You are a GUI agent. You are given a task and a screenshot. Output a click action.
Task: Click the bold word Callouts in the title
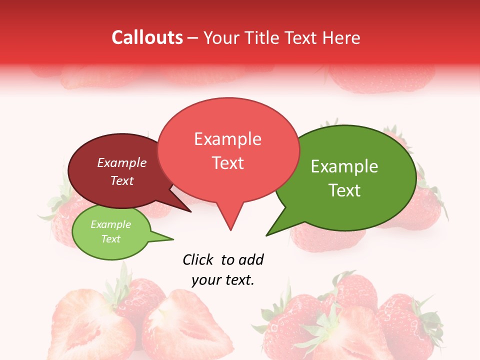pyautogui.click(x=147, y=38)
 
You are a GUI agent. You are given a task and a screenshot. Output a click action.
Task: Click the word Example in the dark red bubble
pyautogui.click(x=122, y=162)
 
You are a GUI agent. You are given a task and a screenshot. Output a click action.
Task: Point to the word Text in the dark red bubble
pyautogui.click(x=122, y=180)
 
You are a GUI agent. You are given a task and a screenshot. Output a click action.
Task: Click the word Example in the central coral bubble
pyautogui.click(x=227, y=139)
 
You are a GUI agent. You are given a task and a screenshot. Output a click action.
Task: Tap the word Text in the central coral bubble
pyautogui.click(x=227, y=163)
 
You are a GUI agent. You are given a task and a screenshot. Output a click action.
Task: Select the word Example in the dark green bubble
pyautogui.click(x=344, y=166)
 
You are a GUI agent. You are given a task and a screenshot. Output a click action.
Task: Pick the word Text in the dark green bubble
pyautogui.click(x=344, y=190)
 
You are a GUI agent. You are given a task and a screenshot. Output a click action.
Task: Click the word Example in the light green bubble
pyautogui.click(x=110, y=224)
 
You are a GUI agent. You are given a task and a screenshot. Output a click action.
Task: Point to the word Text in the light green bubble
pyautogui.click(x=110, y=238)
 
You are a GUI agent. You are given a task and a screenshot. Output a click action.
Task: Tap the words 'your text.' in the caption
pyautogui.click(x=223, y=280)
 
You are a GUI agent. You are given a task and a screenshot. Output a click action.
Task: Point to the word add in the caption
pyautogui.click(x=251, y=259)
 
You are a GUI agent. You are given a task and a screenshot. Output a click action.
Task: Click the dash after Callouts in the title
pyautogui.click(x=192, y=38)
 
